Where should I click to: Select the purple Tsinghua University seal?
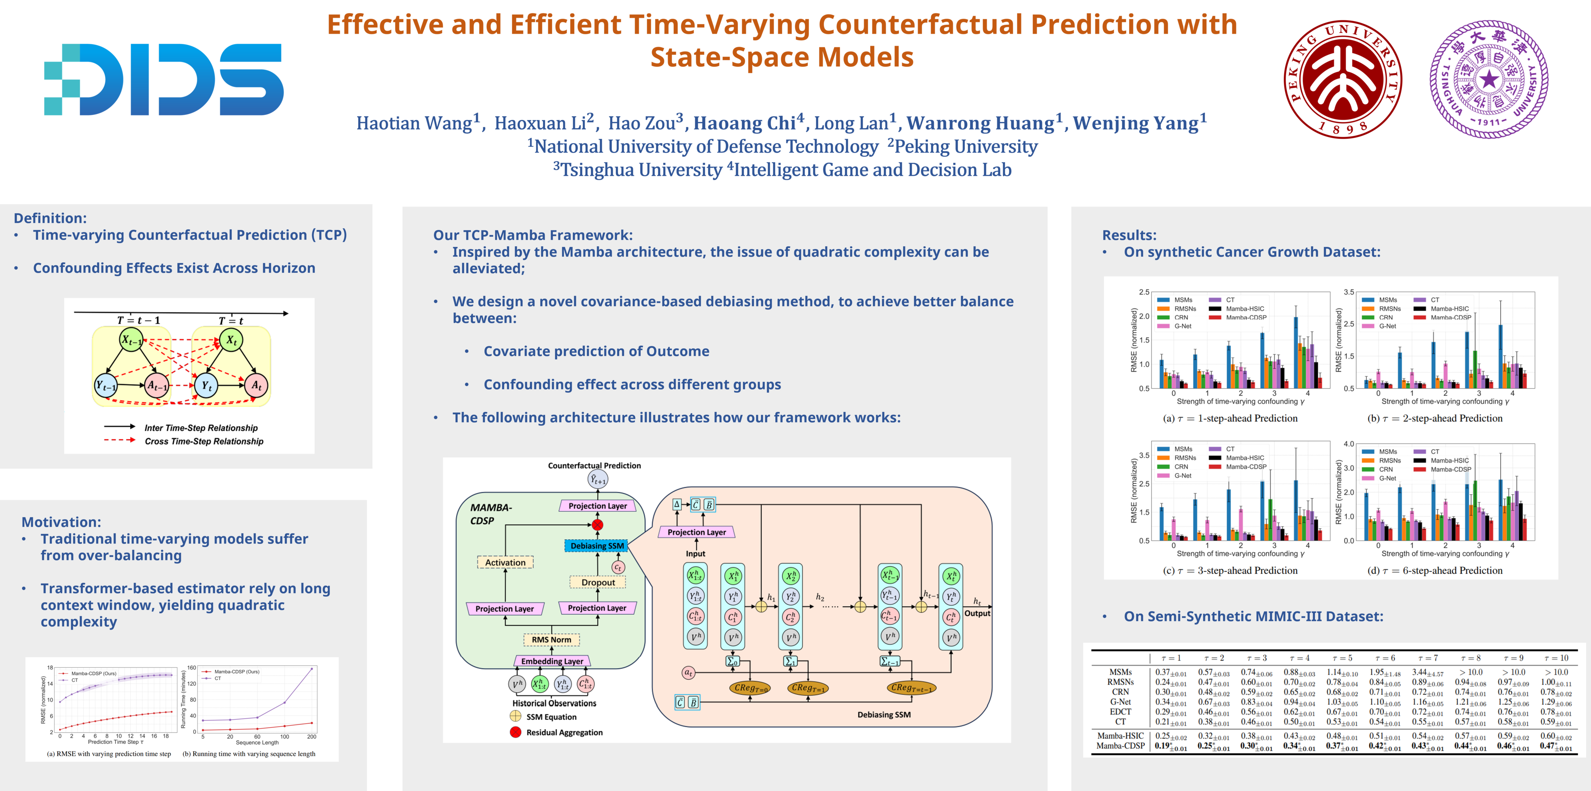(1488, 79)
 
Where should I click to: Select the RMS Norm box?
(552, 640)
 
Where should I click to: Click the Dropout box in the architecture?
(598, 582)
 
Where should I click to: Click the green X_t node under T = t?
(231, 340)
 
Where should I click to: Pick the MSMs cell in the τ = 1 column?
(1170, 672)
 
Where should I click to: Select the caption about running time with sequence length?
(249, 754)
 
